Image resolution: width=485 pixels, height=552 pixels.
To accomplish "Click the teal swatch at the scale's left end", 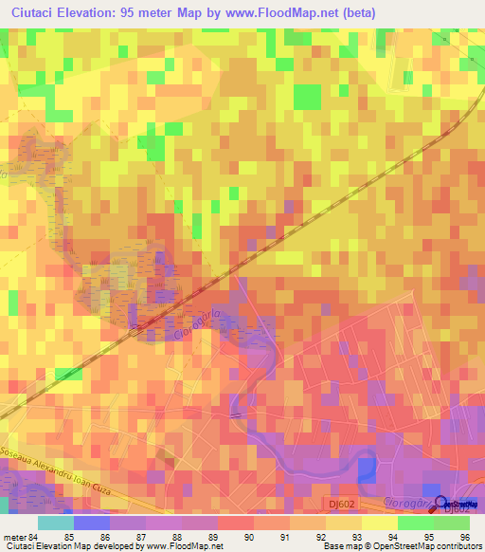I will tap(55, 522).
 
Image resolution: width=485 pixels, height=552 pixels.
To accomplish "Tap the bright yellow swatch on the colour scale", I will tap(379, 522).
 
